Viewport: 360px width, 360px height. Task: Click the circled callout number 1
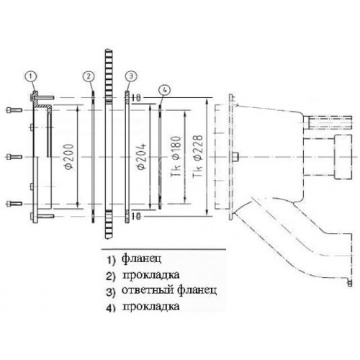(31, 76)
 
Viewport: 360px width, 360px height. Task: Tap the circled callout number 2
(89, 76)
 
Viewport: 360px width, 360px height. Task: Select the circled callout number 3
(131, 76)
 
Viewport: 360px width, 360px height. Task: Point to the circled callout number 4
(164, 90)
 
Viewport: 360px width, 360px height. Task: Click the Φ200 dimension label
(70, 157)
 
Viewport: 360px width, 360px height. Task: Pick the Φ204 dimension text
(142, 157)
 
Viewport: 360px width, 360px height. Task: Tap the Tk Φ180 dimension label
(176, 156)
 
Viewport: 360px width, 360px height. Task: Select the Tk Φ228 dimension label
(198, 156)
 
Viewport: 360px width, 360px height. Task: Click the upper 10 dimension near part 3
(137, 98)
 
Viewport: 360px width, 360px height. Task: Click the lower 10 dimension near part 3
(137, 216)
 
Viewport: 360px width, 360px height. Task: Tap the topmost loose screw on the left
(14, 110)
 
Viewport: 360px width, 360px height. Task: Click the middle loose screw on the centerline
(14, 157)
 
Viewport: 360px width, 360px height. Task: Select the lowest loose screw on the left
(14, 204)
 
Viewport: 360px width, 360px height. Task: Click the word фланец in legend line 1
(141, 258)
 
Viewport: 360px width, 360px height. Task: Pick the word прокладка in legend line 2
(151, 275)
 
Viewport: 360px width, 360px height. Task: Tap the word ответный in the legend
(148, 290)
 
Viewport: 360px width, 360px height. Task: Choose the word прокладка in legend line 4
(151, 307)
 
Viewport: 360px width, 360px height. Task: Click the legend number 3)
(111, 292)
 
